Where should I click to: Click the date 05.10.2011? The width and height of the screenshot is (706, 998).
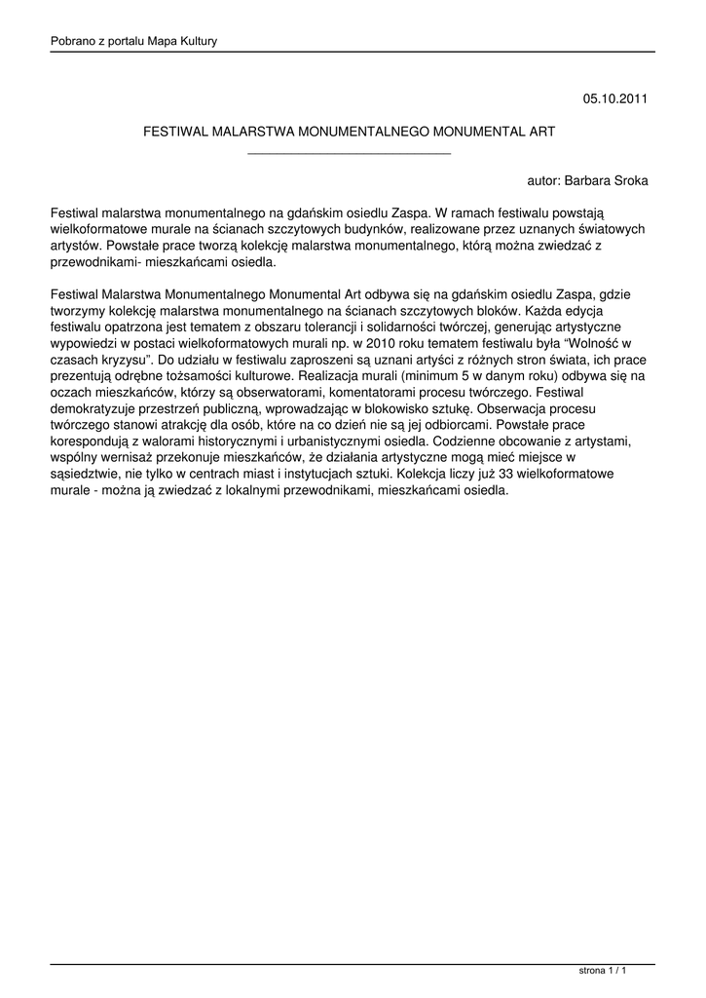[614, 98]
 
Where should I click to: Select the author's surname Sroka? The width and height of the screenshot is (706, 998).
[628, 181]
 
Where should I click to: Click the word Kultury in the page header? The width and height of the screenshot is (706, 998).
[196, 41]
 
